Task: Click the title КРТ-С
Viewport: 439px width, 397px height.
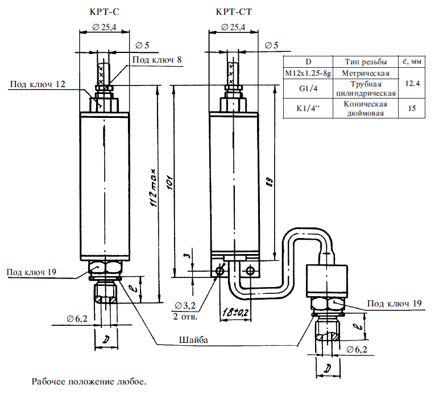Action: [105, 12]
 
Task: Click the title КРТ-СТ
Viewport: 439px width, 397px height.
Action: [234, 12]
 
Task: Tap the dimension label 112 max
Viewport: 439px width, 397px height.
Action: [154, 188]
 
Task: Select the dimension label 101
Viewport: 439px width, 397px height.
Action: [169, 183]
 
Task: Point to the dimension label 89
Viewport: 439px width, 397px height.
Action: [270, 182]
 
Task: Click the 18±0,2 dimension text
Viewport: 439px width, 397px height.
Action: [235, 312]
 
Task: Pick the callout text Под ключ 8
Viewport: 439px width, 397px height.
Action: [157, 59]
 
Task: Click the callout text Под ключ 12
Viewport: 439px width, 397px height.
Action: [38, 84]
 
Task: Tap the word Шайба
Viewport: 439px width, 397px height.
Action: [193, 340]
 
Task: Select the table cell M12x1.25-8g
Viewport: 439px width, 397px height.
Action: [308, 73]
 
